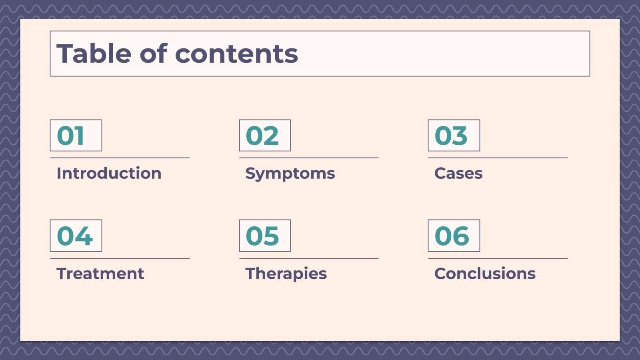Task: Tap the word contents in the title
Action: [x=236, y=54]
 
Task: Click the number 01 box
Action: [x=76, y=136]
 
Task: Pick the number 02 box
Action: [x=265, y=136]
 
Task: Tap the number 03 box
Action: [x=454, y=136]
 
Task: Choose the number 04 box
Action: [x=76, y=236]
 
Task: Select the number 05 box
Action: [x=265, y=236]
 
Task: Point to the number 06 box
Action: [x=454, y=236]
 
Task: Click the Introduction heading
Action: [x=109, y=173]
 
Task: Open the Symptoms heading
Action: [x=290, y=174]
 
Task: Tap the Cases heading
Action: [x=458, y=173]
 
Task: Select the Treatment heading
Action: [x=100, y=274]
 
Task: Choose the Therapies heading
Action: [x=286, y=274]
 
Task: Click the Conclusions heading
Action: [x=485, y=274]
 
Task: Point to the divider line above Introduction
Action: [x=120, y=158]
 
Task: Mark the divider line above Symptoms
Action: [x=309, y=158]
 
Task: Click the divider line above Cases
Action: [x=498, y=158]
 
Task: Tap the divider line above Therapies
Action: [x=309, y=259]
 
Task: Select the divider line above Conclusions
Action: [x=498, y=259]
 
